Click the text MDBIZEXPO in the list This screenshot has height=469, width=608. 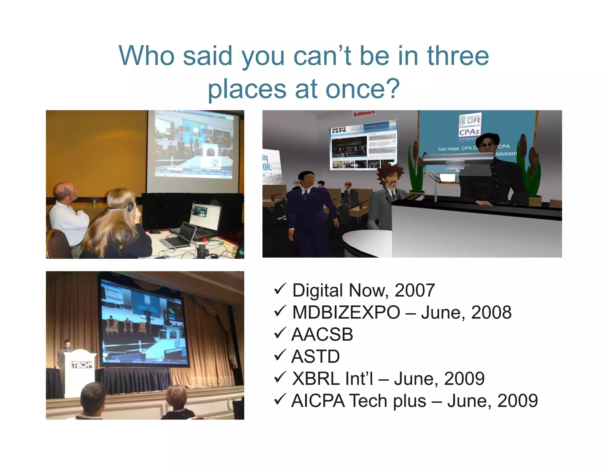click(346, 312)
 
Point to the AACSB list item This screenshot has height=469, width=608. click(322, 334)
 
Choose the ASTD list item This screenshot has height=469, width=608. click(316, 356)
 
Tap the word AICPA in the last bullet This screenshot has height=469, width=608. click(318, 401)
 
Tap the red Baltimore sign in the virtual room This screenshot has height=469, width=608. click(364, 113)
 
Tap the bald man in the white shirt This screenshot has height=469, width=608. click(68, 213)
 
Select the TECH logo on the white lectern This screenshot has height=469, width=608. click(80, 365)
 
